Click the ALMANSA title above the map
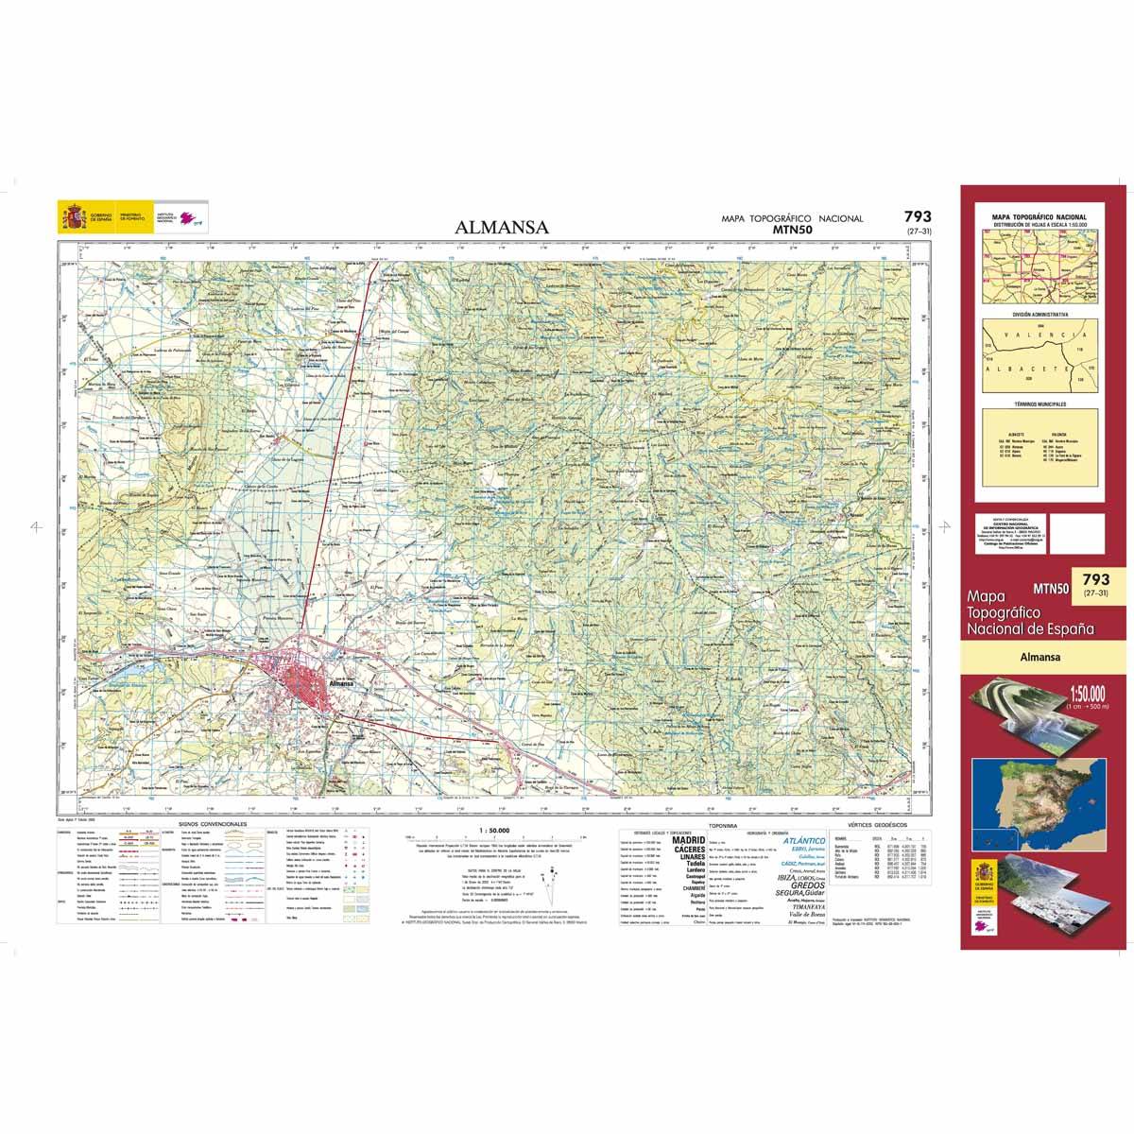click(502, 227)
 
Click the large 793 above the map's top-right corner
click(917, 216)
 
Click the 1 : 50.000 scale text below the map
click(496, 829)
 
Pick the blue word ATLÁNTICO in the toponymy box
click(805, 840)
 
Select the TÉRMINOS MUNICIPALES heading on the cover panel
click(1039, 404)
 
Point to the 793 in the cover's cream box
click(1097, 578)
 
